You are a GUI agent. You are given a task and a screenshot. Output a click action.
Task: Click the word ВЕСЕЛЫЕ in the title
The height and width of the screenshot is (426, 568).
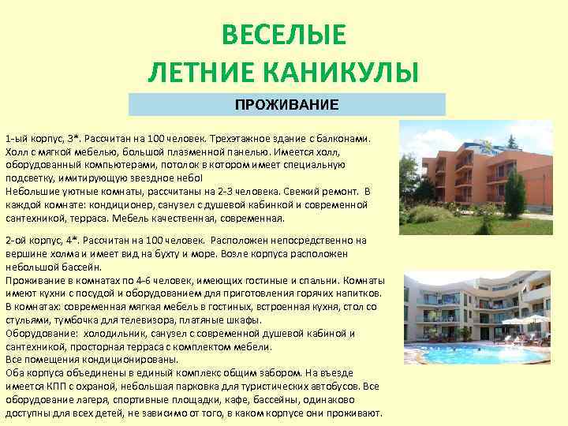(284, 35)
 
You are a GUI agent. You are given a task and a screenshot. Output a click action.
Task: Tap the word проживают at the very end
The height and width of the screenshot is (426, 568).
(354, 413)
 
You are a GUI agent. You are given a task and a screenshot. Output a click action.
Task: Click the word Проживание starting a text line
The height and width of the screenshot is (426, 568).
(34, 280)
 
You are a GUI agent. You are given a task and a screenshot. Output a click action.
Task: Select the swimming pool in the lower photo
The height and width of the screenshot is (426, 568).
(465, 354)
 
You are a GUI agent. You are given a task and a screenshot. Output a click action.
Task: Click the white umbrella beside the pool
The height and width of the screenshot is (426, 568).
(533, 319)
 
